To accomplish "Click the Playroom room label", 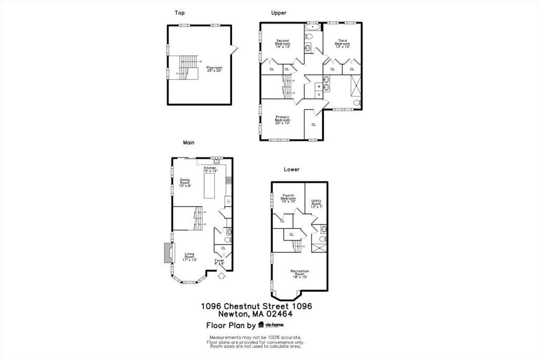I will tap(214, 69).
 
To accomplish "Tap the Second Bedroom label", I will tap(282, 43).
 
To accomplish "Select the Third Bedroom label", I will tap(342, 43).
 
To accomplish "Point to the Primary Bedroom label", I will tap(282, 119).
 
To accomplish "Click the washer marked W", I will tap(319, 86).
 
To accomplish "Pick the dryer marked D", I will tap(319, 94).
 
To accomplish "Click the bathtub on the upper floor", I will tap(313, 26).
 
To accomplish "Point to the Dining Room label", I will tap(185, 182).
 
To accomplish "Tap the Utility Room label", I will tap(316, 203).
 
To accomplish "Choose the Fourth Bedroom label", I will tap(288, 198).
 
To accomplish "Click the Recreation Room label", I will tap(300, 273).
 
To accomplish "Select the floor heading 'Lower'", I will tap(292, 169).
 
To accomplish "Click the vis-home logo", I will tap(271, 325).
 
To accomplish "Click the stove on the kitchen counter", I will tap(229, 180).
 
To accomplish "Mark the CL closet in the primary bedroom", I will tap(313, 125).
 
